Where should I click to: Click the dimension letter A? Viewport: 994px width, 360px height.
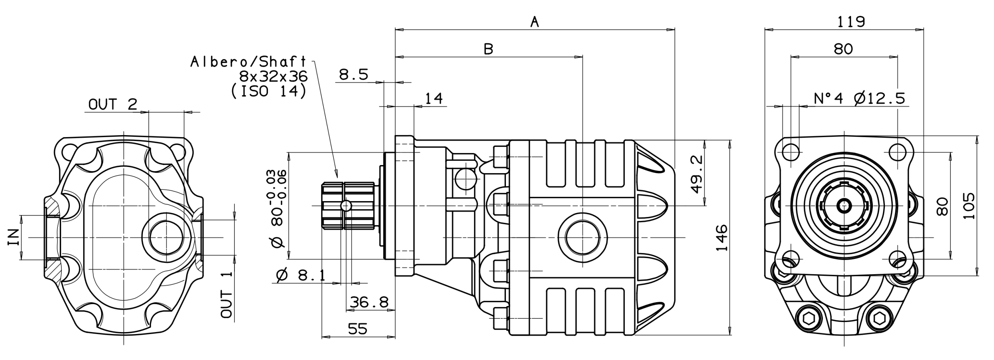(535, 22)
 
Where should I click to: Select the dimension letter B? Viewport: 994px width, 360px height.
(488, 49)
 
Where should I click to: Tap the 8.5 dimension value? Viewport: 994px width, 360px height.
(353, 75)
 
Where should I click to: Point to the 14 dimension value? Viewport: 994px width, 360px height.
(434, 99)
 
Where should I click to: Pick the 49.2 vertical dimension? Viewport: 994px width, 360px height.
(697, 174)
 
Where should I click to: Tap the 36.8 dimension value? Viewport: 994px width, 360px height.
(369, 302)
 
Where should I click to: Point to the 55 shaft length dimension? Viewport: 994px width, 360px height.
(357, 329)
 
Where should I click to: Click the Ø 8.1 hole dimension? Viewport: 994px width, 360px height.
(301, 275)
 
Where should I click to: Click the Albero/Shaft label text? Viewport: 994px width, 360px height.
(248, 61)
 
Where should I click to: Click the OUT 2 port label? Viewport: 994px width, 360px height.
(113, 104)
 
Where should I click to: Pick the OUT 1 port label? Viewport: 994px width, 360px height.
(226, 294)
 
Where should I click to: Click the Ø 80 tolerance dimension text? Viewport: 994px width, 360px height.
(278, 209)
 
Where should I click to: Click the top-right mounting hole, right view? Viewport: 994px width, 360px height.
(897, 152)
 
